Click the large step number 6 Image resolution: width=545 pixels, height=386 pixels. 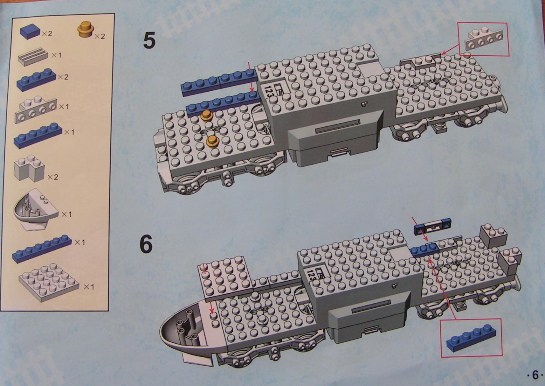click(146, 243)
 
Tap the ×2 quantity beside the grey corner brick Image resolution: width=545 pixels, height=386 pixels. click(53, 177)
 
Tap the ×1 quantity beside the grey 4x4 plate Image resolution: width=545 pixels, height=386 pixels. click(89, 287)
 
